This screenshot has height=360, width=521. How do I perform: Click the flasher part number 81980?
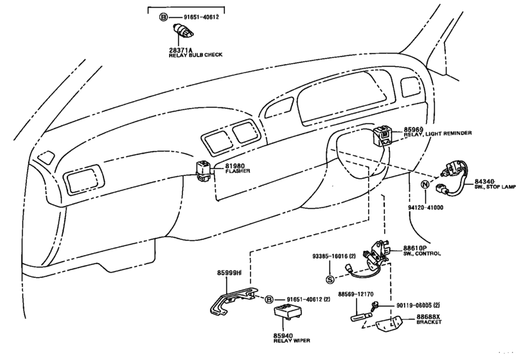(x=234, y=166)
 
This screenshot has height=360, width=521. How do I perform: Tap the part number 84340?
(x=486, y=182)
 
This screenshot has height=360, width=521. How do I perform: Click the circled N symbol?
(x=424, y=184)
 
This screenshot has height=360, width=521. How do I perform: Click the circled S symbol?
(x=330, y=278)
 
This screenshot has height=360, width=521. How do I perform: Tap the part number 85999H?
(x=229, y=274)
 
